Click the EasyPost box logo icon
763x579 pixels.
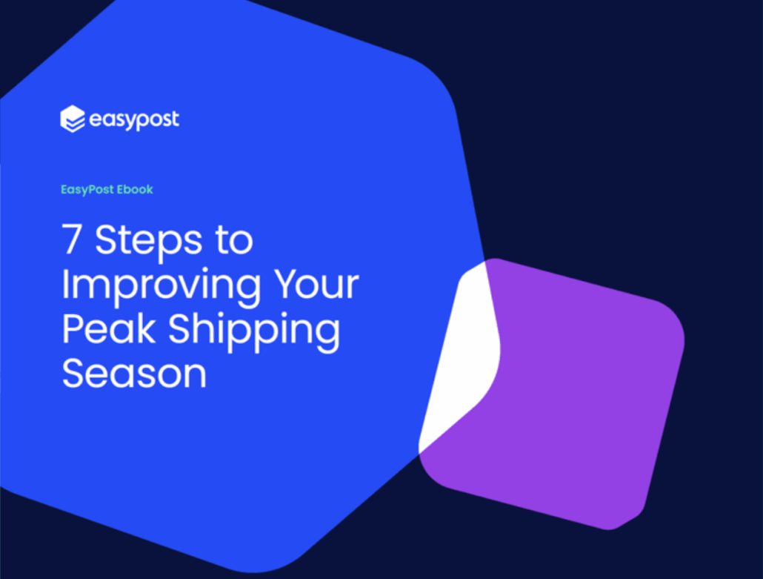pos(73,119)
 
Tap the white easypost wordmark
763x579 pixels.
pos(134,120)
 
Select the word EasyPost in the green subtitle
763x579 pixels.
pos(87,190)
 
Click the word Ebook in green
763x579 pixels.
pos(135,189)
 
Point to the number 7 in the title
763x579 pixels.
pos(71,239)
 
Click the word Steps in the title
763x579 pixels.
pos(148,240)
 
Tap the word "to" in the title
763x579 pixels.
pos(234,239)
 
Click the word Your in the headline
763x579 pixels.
pos(316,283)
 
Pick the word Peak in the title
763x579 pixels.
pos(108,328)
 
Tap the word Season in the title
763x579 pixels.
pos(134,374)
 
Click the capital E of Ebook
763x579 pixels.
pos(120,189)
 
